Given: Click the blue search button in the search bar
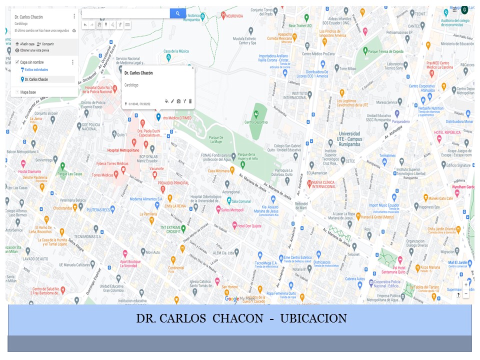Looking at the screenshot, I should pos(177,13).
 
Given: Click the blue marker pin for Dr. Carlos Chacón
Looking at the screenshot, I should pos(158,116).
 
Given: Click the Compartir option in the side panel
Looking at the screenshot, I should pos(47,44).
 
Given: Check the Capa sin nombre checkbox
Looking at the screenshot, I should pos(17,62).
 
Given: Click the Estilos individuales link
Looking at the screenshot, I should pos(36,69).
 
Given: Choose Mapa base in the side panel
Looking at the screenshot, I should pos(28,92).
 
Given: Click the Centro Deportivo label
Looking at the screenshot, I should pos(256,122).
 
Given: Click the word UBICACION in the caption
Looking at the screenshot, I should pos(313,319).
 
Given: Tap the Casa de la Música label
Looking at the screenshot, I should pos(176,51).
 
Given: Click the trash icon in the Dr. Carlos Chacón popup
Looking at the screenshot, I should pos(190,101).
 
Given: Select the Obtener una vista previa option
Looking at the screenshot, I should pos(34,50).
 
